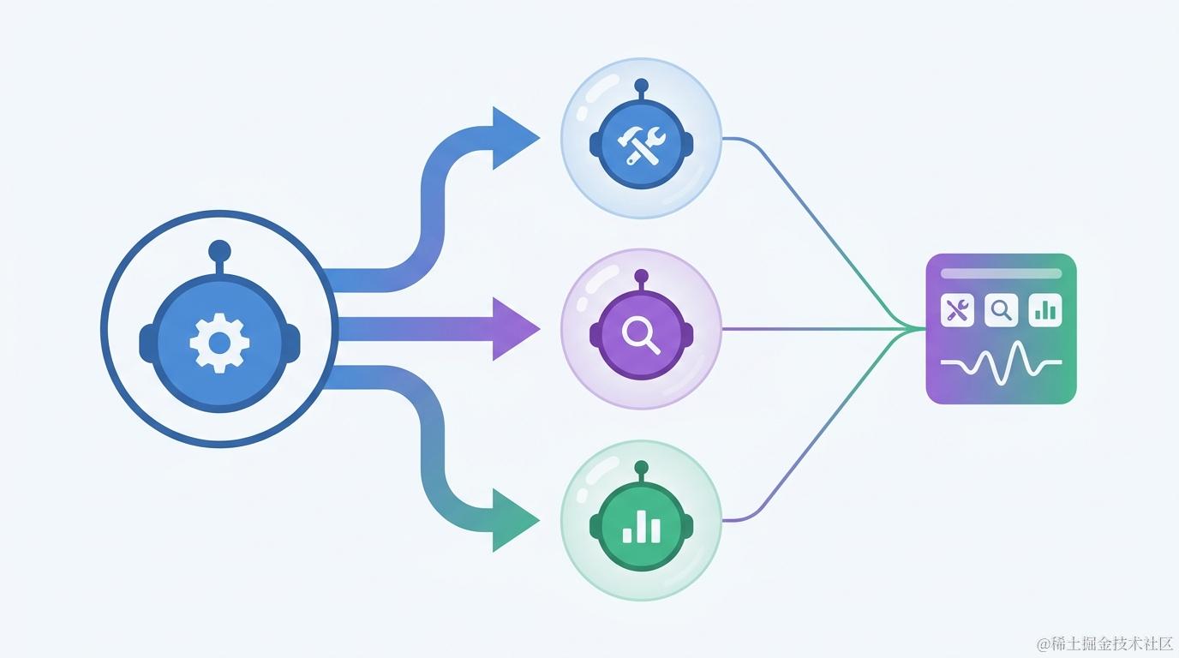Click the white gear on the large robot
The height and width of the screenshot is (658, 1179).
[219, 344]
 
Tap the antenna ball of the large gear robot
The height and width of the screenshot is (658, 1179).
[219, 251]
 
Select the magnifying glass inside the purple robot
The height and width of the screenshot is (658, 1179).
[641, 337]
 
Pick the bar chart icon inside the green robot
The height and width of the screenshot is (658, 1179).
[641, 526]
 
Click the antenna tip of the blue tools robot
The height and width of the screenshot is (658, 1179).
[641, 86]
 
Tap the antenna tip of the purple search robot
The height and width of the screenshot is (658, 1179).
[641, 277]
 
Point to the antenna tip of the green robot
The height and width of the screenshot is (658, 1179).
[641, 468]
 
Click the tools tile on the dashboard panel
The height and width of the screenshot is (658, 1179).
[957, 310]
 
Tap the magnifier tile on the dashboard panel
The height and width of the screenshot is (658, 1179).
[1001, 310]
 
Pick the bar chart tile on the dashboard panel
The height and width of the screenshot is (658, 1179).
[1044, 310]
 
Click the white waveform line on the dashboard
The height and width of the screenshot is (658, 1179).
[1001, 363]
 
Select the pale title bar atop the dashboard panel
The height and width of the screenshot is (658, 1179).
[1001, 273]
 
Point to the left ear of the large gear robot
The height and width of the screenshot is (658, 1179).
[147, 344]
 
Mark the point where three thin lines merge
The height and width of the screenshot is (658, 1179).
[909, 329]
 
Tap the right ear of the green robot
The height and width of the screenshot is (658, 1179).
[688, 526]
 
